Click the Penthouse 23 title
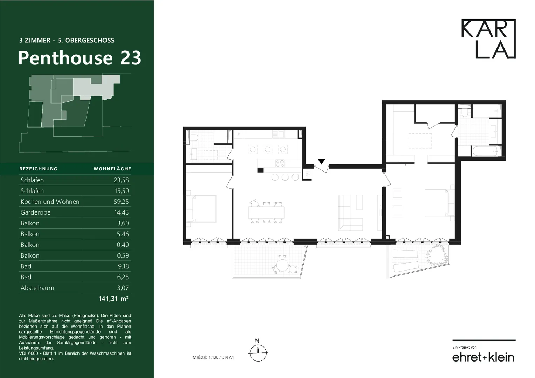coord(80,58)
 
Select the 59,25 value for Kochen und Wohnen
coord(121,202)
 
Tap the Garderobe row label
coord(36,212)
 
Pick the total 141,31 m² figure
coord(114,299)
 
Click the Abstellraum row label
coord(37,288)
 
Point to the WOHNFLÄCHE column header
coord(112,169)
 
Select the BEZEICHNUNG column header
coord(39,169)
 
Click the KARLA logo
coord(488,39)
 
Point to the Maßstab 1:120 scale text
coord(213,357)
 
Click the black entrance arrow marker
coord(322,161)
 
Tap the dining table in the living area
coord(267,212)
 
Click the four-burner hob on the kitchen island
coord(280,163)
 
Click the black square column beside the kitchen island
coord(260,170)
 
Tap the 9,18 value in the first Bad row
coord(123,266)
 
